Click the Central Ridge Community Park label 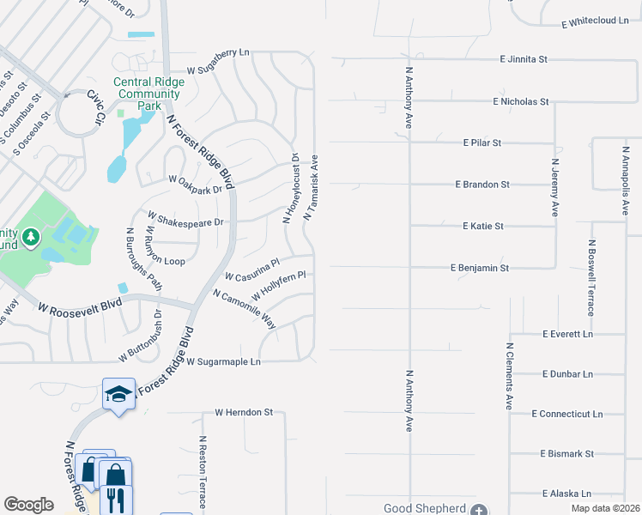coord(138,94)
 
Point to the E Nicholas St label coord(521,101)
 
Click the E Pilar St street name coord(481,142)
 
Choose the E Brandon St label coord(482,185)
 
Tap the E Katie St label coord(482,227)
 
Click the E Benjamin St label coord(480,268)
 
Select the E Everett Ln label coord(567,333)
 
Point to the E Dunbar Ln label coord(567,374)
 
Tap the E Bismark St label coord(566,453)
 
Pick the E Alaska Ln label coord(566,494)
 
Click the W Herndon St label coord(244,412)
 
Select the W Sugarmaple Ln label coord(223,362)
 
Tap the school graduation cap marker coord(118,394)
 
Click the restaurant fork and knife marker coord(116,499)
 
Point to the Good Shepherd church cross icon coord(479,509)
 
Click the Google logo coord(29,505)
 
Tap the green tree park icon coord(31,235)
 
